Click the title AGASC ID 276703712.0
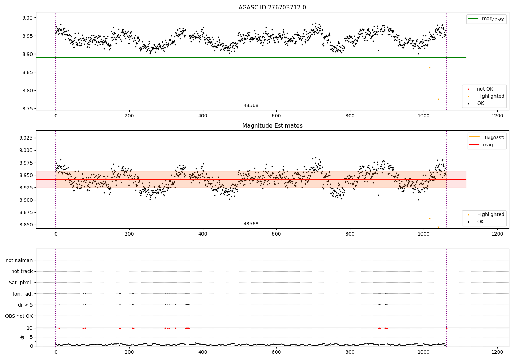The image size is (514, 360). coord(272,8)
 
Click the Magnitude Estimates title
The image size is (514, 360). coord(272,126)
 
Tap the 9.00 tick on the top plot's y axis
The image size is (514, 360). coord(27,18)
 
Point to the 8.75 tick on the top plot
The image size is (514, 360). coord(27,109)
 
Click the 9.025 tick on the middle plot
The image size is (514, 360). coord(26,138)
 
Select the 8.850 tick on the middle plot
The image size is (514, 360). coord(26,225)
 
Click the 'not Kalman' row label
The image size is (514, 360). coord(19,260)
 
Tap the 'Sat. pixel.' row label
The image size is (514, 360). coord(21,283)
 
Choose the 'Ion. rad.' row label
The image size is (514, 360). coord(23,294)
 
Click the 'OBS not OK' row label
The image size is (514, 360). coord(19,316)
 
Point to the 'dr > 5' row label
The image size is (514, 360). coord(25,305)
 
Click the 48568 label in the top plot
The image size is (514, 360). coord(251,106)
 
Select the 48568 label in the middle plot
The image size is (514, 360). coord(251,224)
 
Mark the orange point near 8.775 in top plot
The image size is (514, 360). coord(438,99)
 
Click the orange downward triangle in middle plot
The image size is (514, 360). coord(438,227)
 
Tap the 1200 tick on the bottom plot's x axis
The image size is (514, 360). coord(497,352)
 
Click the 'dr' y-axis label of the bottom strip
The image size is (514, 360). coord(22,337)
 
